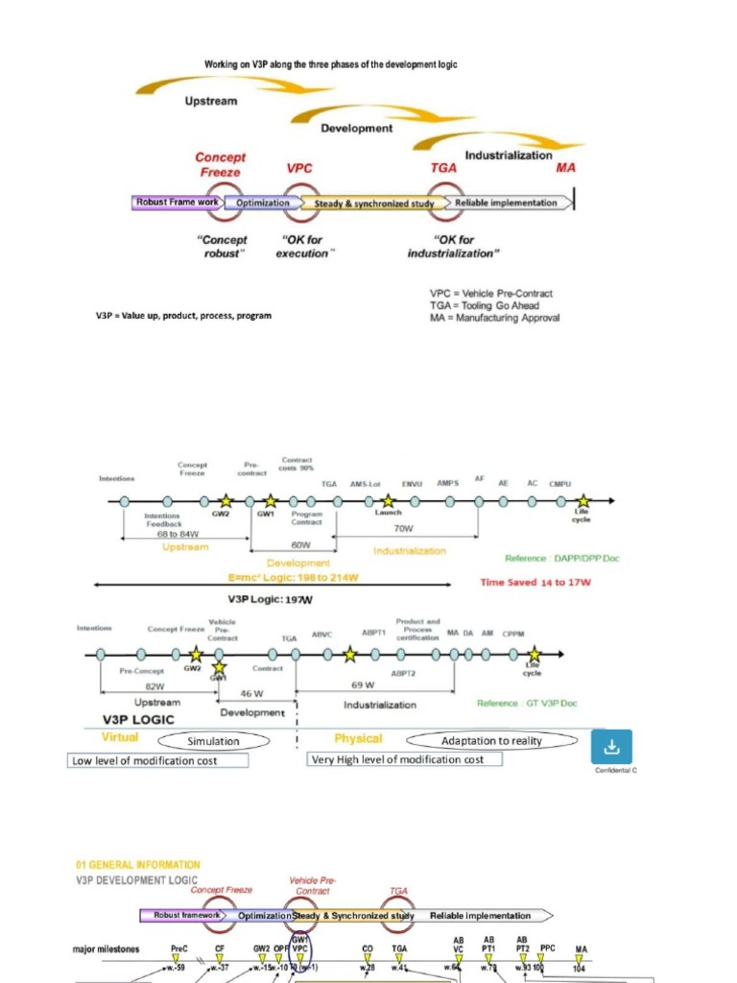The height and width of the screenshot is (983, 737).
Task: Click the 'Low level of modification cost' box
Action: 158,760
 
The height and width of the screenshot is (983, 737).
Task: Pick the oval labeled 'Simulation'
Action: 213,740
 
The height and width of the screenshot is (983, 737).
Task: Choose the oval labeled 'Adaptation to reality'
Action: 492,740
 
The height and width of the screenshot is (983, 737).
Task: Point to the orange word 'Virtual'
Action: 120,737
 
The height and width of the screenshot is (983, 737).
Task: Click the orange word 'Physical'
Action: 358,738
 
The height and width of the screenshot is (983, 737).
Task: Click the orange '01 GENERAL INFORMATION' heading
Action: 138,865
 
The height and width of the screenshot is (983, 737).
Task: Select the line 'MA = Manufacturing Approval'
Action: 494,318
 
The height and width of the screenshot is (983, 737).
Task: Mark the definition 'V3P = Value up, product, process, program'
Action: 182,315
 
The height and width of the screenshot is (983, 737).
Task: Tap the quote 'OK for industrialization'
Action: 453,247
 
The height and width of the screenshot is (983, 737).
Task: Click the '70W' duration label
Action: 403,528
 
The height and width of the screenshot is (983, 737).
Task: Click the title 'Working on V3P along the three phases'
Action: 331,64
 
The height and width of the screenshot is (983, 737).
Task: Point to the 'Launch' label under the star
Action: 388,513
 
